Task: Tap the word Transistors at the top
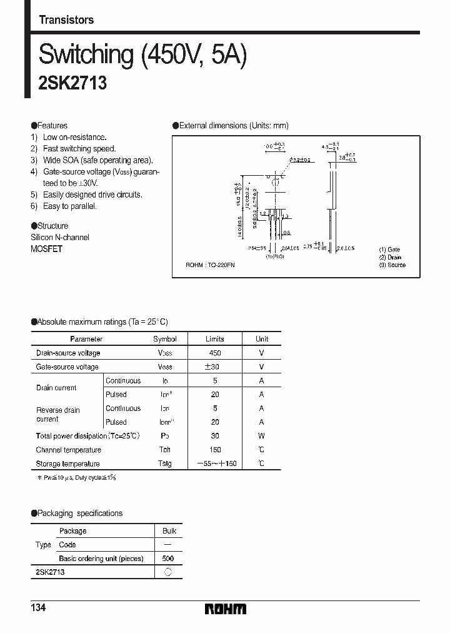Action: [66, 20]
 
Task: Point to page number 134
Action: [39, 609]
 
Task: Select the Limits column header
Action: [215, 339]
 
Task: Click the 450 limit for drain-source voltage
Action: [215, 353]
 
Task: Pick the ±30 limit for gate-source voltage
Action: [215, 367]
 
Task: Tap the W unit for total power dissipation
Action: [261, 436]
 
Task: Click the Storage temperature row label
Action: [68, 463]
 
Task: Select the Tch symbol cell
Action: [165, 450]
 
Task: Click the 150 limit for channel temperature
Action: [215, 450]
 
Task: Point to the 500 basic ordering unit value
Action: [167, 558]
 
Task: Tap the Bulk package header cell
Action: [169, 530]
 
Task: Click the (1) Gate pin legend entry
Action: [390, 250]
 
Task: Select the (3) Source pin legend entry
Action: [392, 265]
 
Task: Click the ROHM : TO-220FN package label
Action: [210, 265]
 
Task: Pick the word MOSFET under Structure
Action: [47, 248]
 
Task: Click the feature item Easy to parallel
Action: [69, 206]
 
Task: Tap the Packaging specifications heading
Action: [79, 513]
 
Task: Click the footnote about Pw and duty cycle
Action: [78, 477]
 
